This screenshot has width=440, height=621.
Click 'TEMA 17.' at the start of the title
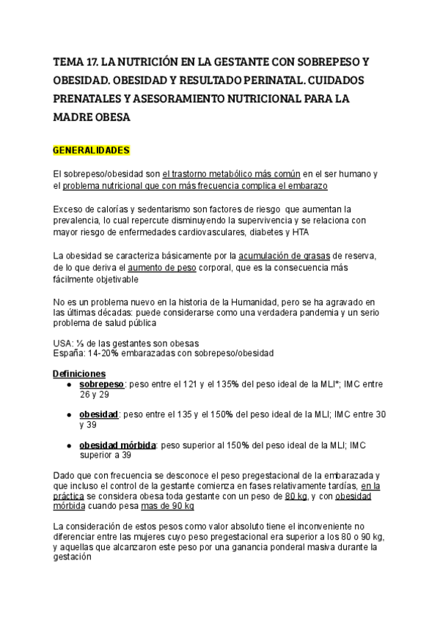click(x=76, y=61)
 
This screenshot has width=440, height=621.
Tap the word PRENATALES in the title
click(x=88, y=98)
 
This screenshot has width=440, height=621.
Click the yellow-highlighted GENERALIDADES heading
click(x=91, y=151)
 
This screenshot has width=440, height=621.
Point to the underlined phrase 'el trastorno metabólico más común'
click(x=231, y=174)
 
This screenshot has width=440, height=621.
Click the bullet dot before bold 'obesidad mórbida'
click(x=69, y=445)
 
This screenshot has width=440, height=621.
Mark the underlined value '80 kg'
click(x=295, y=496)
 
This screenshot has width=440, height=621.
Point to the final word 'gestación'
click(x=72, y=557)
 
